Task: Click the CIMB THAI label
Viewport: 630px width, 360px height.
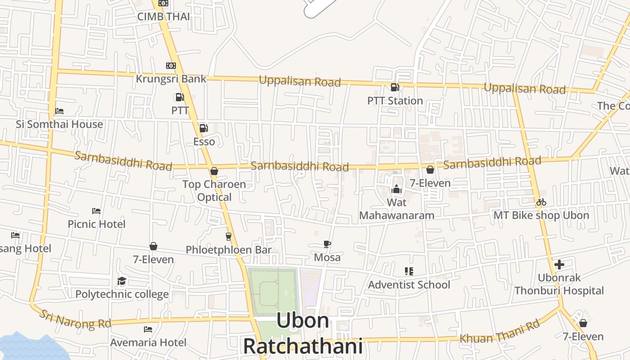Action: pyautogui.click(x=163, y=17)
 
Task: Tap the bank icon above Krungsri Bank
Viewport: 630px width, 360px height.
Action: pyautogui.click(x=171, y=66)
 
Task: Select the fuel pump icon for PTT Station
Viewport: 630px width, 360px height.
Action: pyautogui.click(x=395, y=87)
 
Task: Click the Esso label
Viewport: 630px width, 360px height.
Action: pyautogui.click(x=204, y=142)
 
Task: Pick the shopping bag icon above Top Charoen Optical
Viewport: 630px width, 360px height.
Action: pyautogui.click(x=214, y=171)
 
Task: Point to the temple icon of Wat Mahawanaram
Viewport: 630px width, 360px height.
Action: pyautogui.click(x=396, y=189)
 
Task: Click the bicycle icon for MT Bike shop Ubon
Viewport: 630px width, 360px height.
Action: pyautogui.click(x=541, y=202)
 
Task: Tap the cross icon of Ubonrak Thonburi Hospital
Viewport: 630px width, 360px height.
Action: pyautogui.click(x=559, y=265)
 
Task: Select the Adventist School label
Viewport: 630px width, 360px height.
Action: pyautogui.click(x=409, y=285)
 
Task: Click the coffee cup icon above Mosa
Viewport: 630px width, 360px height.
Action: pyautogui.click(x=327, y=244)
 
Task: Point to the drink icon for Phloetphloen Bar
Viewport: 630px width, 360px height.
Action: pyautogui.click(x=229, y=236)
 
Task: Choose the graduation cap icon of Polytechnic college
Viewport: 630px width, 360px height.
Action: pyautogui.click(x=121, y=281)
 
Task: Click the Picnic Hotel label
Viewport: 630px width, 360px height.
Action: pyautogui.click(x=96, y=224)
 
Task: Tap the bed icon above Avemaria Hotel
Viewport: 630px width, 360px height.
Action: pyautogui.click(x=148, y=329)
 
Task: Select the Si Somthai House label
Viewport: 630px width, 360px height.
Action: pyautogui.click(x=59, y=124)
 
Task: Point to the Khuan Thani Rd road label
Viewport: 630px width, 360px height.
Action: pyautogui.click(x=499, y=332)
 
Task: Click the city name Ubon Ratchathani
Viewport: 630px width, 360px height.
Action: pyautogui.click(x=303, y=333)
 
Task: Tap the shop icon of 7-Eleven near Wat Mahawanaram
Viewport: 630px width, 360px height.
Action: pyautogui.click(x=430, y=170)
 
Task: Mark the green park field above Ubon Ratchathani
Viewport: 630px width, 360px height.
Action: pyautogui.click(x=272, y=292)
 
